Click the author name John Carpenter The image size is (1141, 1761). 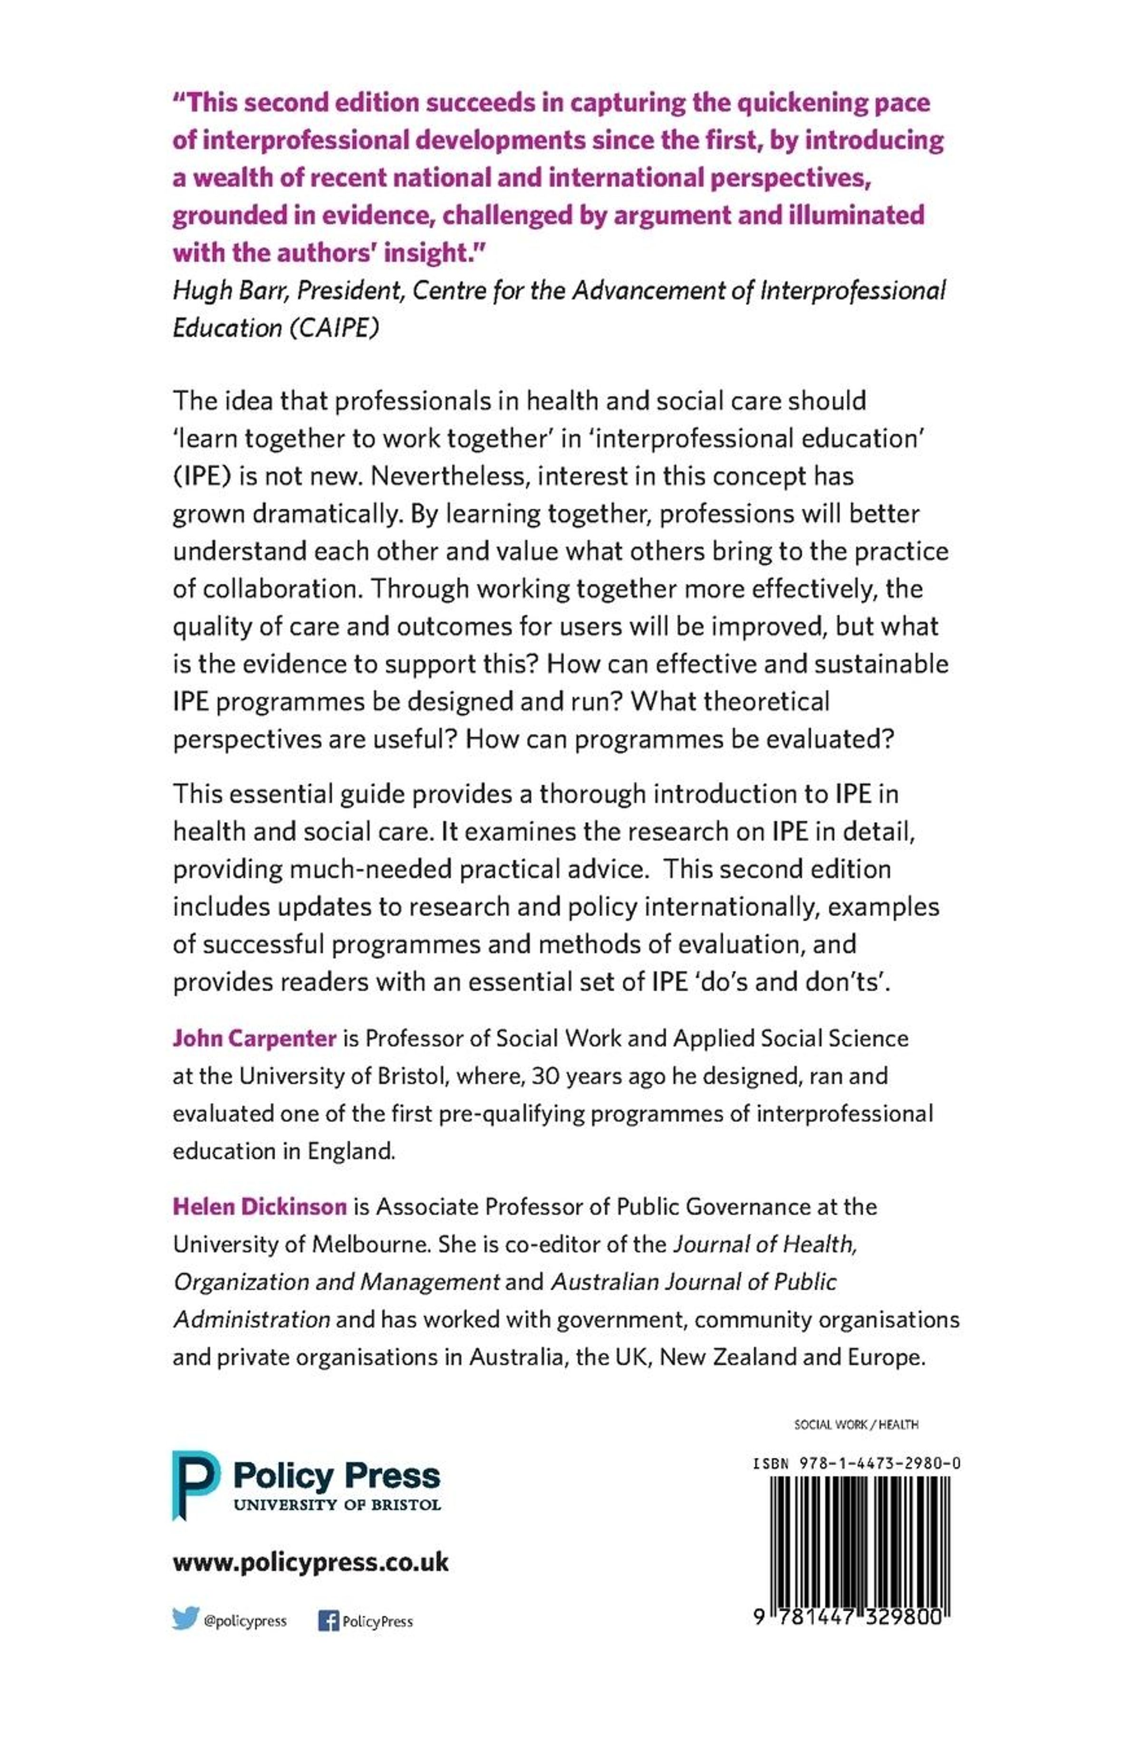pyautogui.click(x=254, y=1038)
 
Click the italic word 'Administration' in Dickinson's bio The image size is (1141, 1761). pyautogui.click(x=251, y=1319)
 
